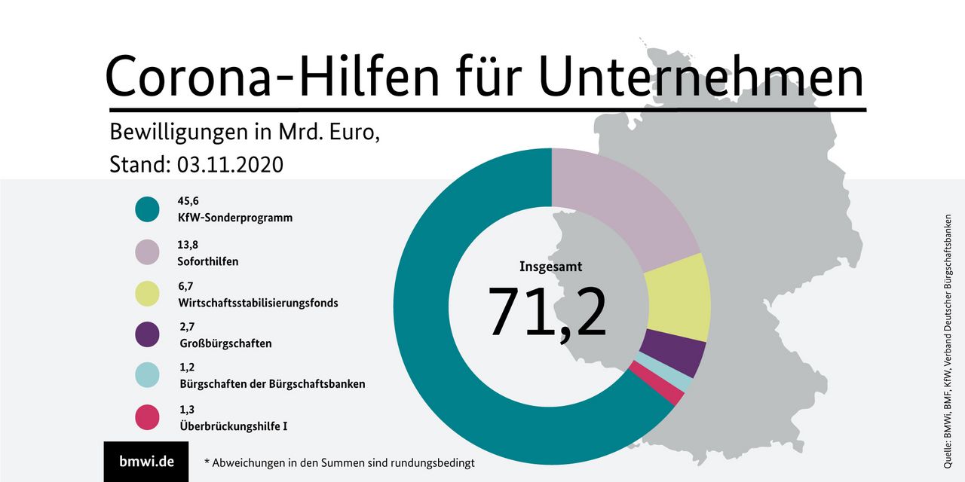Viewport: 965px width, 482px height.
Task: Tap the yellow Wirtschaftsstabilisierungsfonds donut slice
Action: (x=679, y=297)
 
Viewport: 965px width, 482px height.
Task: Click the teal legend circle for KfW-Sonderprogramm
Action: (x=147, y=209)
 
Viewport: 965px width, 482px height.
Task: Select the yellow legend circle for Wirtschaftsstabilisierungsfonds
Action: (x=147, y=294)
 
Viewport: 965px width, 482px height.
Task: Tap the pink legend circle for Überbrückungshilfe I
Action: (x=147, y=417)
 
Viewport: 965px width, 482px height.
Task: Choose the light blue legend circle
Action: (x=147, y=375)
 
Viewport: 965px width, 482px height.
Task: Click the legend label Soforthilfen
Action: (x=209, y=261)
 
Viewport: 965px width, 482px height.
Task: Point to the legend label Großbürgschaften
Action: (x=225, y=343)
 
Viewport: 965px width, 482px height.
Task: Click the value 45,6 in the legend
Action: (x=188, y=201)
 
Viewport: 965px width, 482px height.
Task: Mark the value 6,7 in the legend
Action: (x=186, y=286)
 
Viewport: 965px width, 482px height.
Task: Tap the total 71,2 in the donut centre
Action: (x=547, y=311)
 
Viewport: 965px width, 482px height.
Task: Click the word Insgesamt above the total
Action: (x=550, y=267)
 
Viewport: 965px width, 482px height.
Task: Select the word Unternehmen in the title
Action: (x=702, y=76)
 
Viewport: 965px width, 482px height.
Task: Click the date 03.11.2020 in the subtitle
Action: (x=230, y=164)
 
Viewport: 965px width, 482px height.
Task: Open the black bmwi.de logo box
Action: (x=146, y=461)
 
